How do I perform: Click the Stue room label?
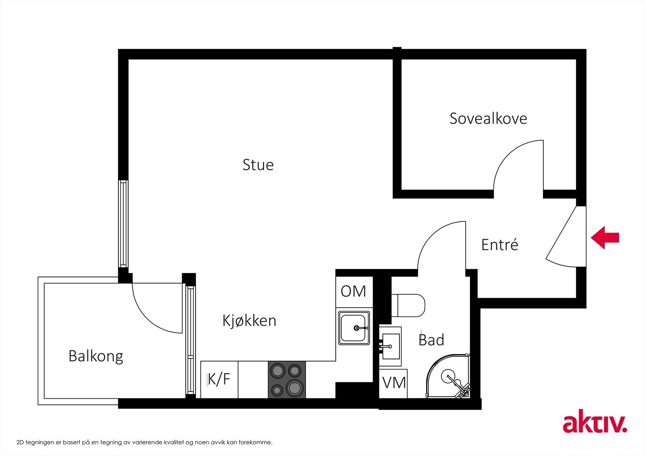pyautogui.click(x=258, y=165)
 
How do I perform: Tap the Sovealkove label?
pyautogui.click(x=488, y=119)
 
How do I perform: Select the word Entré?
pyautogui.click(x=499, y=245)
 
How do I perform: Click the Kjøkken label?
pyautogui.click(x=249, y=321)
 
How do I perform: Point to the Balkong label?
pyautogui.click(x=96, y=356)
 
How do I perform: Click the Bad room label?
pyautogui.click(x=431, y=340)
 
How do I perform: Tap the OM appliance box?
pyautogui.click(x=354, y=291)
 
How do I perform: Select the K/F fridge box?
pyautogui.click(x=219, y=379)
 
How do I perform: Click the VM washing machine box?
pyautogui.click(x=393, y=383)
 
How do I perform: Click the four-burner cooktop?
pyautogui.click(x=287, y=379)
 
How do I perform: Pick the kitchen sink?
pyautogui.click(x=354, y=328)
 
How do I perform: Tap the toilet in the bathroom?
pyautogui.click(x=410, y=305)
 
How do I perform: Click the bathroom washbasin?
pyautogui.click(x=390, y=346)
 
